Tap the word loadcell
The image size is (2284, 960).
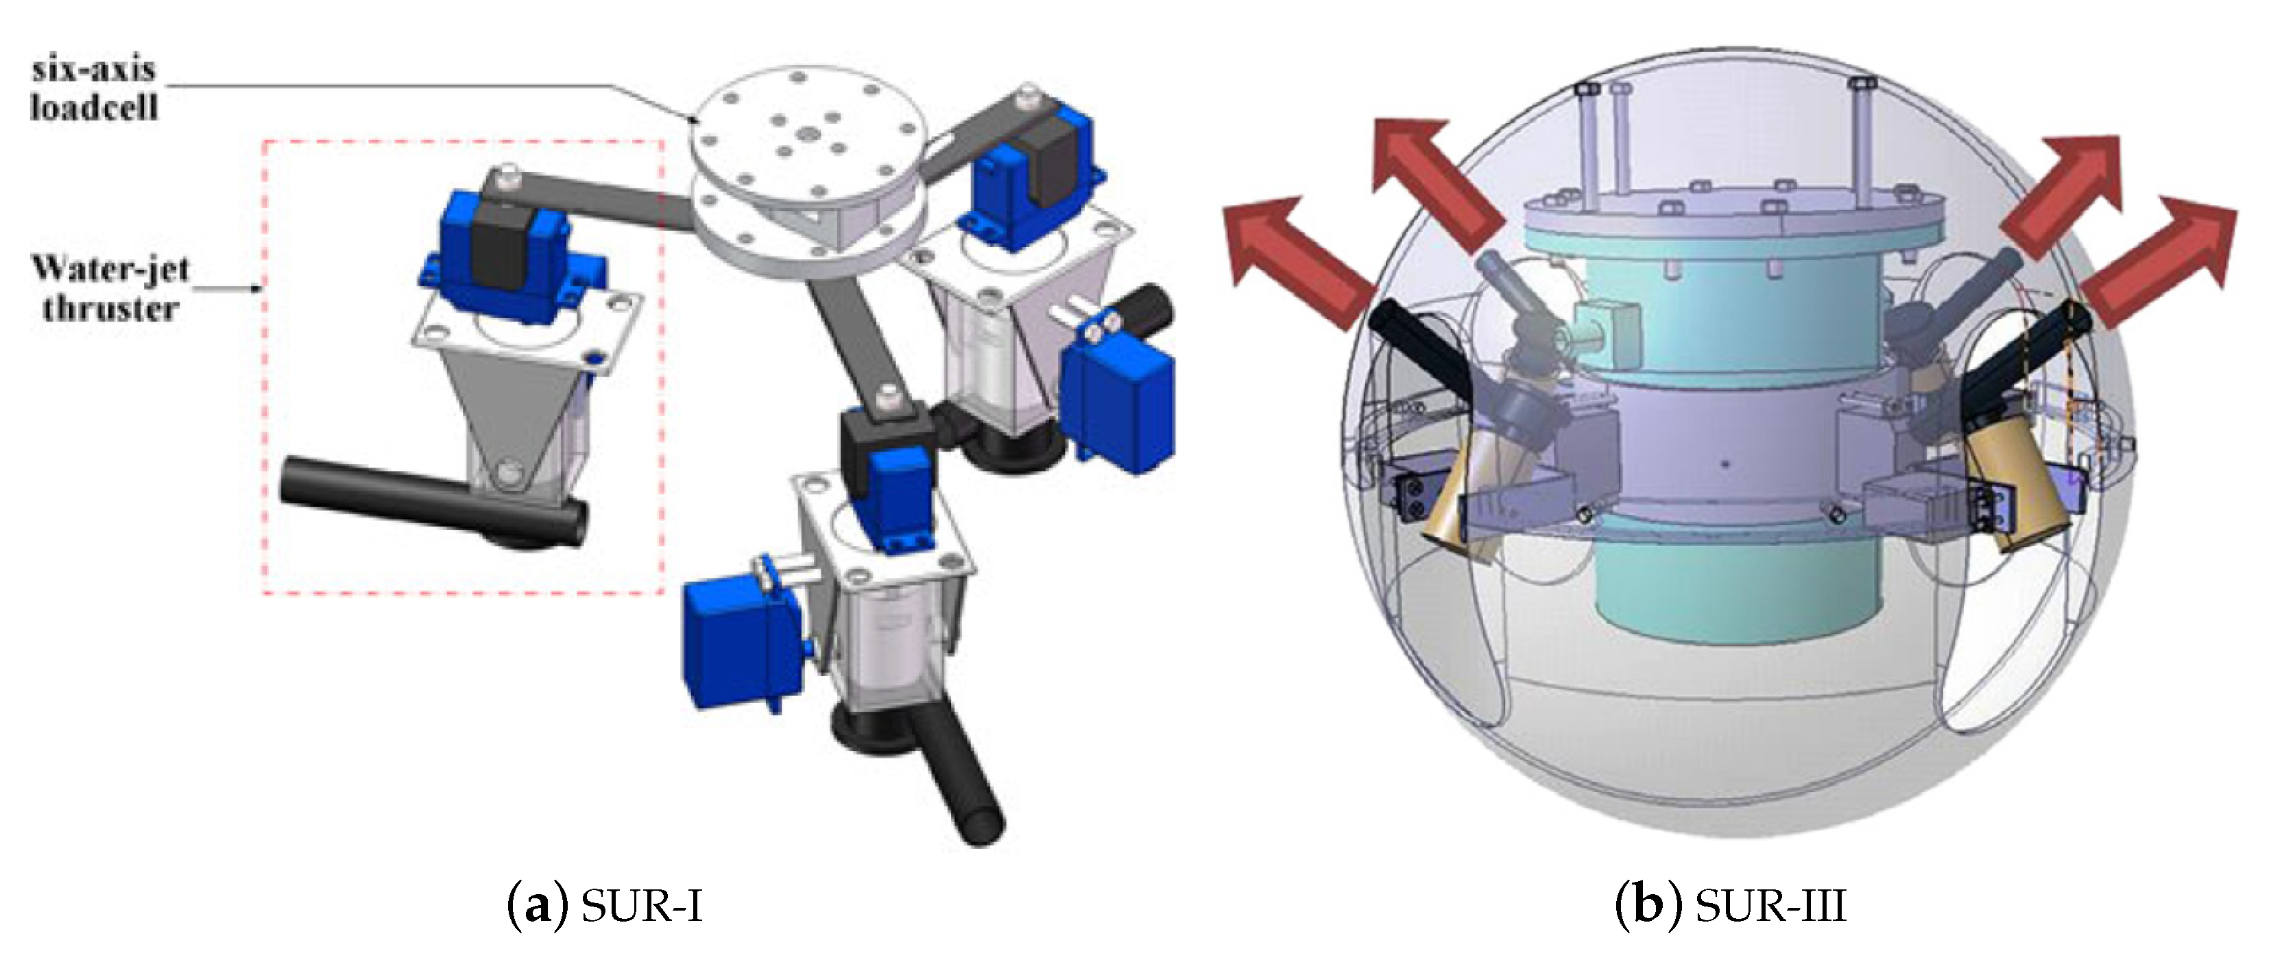click(x=94, y=107)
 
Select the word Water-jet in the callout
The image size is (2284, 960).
click(x=111, y=267)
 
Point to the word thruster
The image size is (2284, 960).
click(x=110, y=308)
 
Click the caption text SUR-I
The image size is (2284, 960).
click(x=642, y=905)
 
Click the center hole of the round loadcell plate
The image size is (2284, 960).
click(x=808, y=133)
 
